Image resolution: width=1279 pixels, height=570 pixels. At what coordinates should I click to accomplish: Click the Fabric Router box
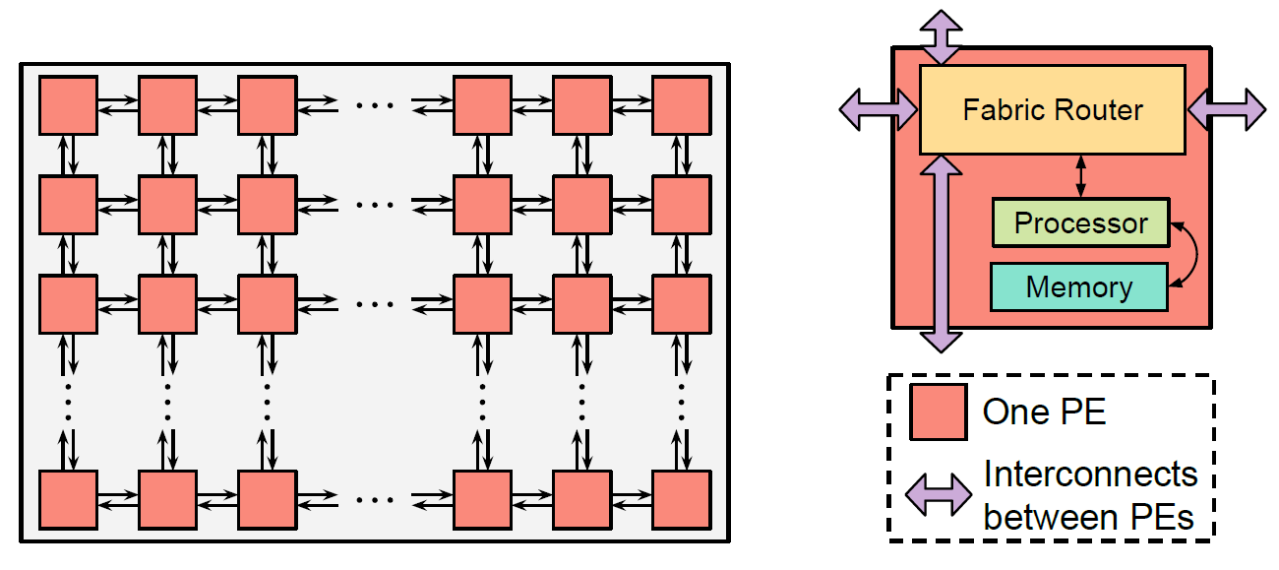pyautogui.click(x=1053, y=109)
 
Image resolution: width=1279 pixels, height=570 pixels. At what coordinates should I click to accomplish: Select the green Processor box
pyautogui.click(x=1081, y=222)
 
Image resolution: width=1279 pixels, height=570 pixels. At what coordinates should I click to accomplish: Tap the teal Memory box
pyautogui.click(x=1079, y=286)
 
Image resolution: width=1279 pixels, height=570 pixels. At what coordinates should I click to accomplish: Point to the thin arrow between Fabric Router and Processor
pyautogui.click(x=1080, y=176)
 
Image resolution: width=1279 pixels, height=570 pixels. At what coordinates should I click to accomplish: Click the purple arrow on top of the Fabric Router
pyautogui.click(x=941, y=36)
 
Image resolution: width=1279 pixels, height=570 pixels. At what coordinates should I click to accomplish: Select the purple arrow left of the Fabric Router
pyautogui.click(x=879, y=109)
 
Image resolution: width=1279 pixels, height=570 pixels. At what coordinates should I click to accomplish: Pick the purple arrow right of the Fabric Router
pyautogui.click(x=1227, y=109)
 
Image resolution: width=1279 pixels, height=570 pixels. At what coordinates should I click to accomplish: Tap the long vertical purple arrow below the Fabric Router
pyautogui.click(x=941, y=254)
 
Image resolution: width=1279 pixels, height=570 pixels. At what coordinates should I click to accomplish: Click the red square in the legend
pyautogui.click(x=939, y=412)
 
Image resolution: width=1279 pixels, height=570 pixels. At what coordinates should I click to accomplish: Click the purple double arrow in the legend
pyautogui.click(x=939, y=494)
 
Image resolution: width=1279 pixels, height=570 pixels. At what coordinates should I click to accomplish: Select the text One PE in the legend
pyautogui.click(x=1044, y=412)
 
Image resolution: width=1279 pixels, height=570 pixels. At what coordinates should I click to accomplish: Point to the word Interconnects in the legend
pyautogui.click(x=1090, y=475)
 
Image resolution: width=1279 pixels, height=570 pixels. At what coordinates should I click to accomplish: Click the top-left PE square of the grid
pyautogui.click(x=69, y=105)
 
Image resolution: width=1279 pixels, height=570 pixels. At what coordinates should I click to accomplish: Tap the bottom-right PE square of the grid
pyautogui.click(x=682, y=500)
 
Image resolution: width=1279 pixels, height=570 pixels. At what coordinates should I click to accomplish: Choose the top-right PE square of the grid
pyautogui.click(x=682, y=105)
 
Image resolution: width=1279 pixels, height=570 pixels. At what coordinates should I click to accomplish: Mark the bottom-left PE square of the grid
pyautogui.click(x=69, y=500)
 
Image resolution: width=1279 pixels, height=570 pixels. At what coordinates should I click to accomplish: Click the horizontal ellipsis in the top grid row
pyautogui.click(x=375, y=105)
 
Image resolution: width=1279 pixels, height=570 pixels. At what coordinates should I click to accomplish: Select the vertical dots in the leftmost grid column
pyautogui.click(x=69, y=402)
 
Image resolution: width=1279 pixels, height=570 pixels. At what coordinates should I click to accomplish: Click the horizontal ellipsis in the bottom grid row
pyautogui.click(x=375, y=500)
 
